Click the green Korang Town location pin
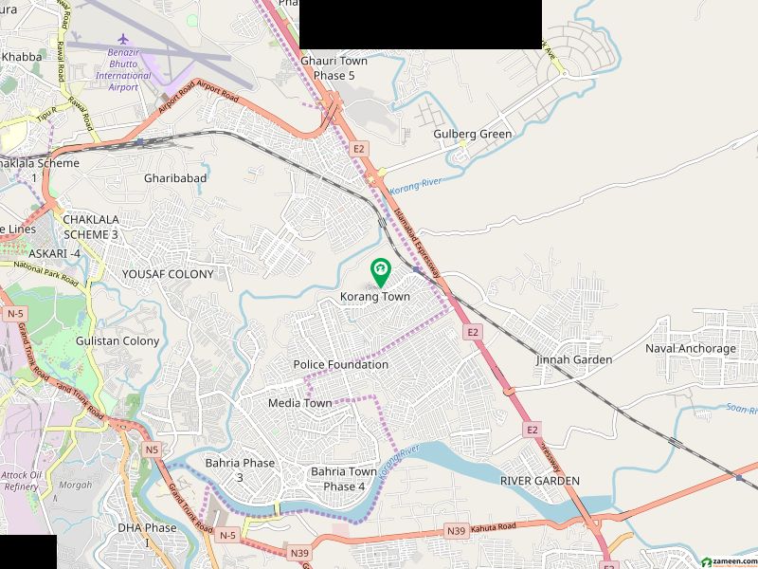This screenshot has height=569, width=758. click(x=380, y=272)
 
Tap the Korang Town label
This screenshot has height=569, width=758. click(x=375, y=297)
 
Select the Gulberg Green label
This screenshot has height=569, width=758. click(x=473, y=135)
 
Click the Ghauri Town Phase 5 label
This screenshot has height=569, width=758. click(x=334, y=67)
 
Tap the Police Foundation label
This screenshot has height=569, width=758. click(x=341, y=365)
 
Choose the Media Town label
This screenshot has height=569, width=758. click(x=300, y=403)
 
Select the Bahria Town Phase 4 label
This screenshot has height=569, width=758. click(x=337, y=479)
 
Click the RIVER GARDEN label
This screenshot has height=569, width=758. click(x=540, y=481)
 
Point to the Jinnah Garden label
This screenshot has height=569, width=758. click(x=574, y=360)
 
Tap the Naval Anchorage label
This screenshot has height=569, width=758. click(x=691, y=349)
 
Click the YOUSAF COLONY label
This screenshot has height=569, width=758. click(x=168, y=274)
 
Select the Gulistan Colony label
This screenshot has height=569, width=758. click(x=117, y=341)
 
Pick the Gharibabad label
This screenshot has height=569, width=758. click(x=175, y=177)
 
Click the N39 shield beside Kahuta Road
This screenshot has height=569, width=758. click(x=457, y=533)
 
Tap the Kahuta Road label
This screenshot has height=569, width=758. click(x=494, y=527)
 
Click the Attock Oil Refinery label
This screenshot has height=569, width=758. click(x=20, y=480)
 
